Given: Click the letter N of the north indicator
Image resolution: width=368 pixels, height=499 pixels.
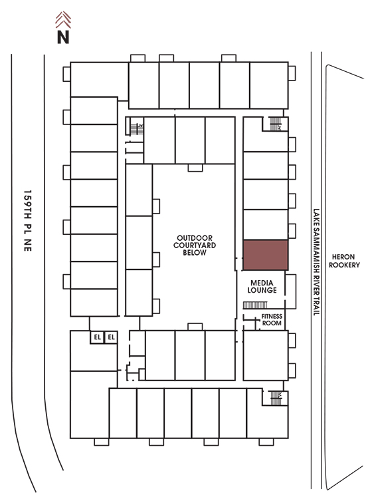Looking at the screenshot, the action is pyautogui.click(x=63, y=37).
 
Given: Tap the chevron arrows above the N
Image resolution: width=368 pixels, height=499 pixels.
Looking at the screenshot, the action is pyautogui.click(x=63, y=20).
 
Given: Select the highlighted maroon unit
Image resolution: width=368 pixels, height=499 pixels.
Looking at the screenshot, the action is pyautogui.click(x=265, y=255).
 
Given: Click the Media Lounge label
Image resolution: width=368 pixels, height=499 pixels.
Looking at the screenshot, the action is pyautogui.click(x=262, y=286).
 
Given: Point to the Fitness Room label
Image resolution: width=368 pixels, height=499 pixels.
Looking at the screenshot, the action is pyautogui.click(x=272, y=319).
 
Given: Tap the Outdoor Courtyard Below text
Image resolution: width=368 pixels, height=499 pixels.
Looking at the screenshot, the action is pyautogui.click(x=195, y=246).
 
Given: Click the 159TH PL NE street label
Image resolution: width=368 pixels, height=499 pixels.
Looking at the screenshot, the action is pyautogui.click(x=28, y=221).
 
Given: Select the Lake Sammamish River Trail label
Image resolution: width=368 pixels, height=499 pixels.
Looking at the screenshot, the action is pyautogui.click(x=316, y=262).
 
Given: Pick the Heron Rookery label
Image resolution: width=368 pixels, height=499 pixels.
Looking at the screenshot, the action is pyautogui.click(x=344, y=261).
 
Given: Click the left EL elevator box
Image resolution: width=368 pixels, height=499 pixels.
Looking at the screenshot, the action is pyautogui.click(x=97, y=337).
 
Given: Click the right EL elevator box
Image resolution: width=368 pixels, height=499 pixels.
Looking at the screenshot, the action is pyautogui.click(x=111, y=337).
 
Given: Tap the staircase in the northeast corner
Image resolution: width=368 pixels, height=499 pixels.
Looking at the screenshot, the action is pyautogui.click(x=276, y=124).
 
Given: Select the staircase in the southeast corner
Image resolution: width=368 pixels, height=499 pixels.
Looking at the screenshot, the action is pyautogui.click(x=276, y=398).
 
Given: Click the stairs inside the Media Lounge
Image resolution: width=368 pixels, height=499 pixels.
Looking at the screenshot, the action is pyautogui.click(x=255, y=305).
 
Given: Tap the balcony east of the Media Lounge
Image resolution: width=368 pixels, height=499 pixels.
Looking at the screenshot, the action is pyautogui.click(x=290, y=291).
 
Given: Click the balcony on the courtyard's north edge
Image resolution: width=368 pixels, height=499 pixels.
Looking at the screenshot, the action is pyautogui.click(x=195, y=168).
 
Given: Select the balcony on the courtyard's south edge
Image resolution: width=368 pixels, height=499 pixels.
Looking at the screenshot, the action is pyautogui.click(x=195, y=327).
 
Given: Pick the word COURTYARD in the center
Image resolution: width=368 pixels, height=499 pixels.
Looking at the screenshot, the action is pyautogui.click(x=195, y=246).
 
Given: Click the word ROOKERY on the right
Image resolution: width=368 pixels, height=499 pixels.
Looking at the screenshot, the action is pyautogui.click(x=344, y=265).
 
